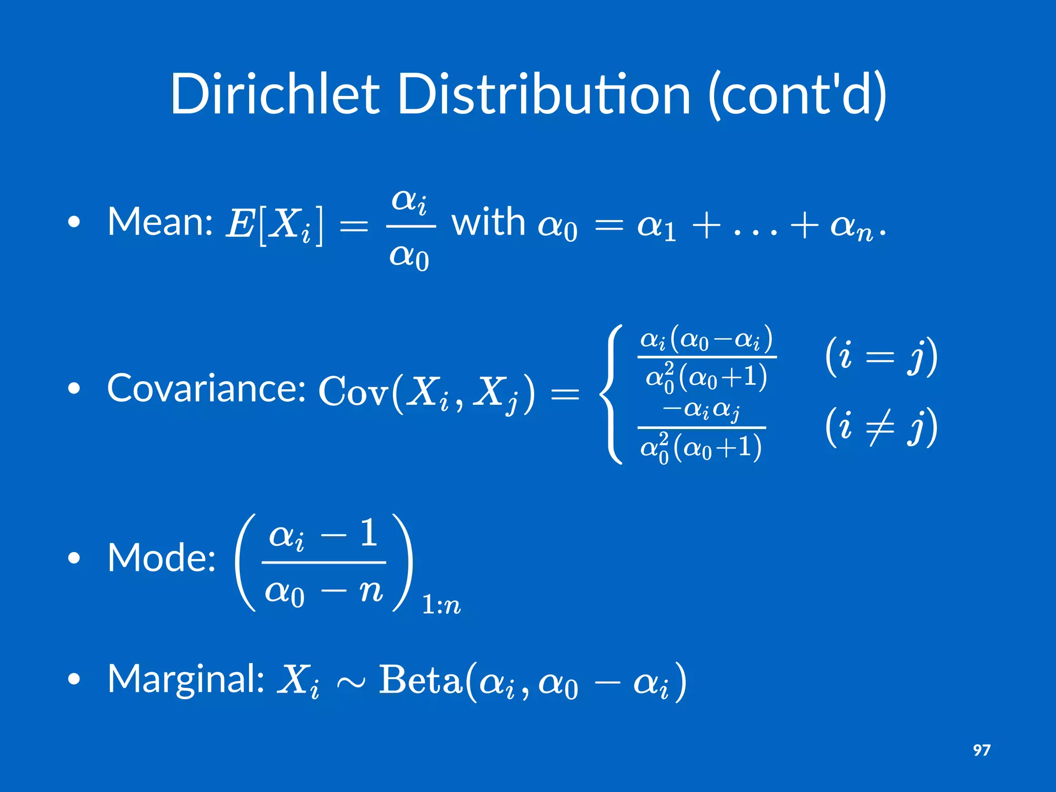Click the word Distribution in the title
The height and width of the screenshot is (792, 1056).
tap(544, 94)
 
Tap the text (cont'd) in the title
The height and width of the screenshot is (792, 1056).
tap(797, 94)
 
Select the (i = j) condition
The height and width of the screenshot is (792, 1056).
tap(881, 357)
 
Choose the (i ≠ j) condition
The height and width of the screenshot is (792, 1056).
tap(881, 427)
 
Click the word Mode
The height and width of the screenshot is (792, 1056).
tap(161, 558)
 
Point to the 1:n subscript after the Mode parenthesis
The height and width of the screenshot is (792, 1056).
tap(441, 604)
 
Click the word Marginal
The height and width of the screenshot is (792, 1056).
tap(186, 679)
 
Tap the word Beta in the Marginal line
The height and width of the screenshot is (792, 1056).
tap(420, 681)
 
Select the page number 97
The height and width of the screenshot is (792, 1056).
tap(981, 750)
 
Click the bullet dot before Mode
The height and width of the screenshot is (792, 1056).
tap(74, 558)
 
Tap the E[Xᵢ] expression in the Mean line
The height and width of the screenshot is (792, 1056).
tap(275, 225)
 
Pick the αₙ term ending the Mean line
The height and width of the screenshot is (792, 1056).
tap(851, 227)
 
